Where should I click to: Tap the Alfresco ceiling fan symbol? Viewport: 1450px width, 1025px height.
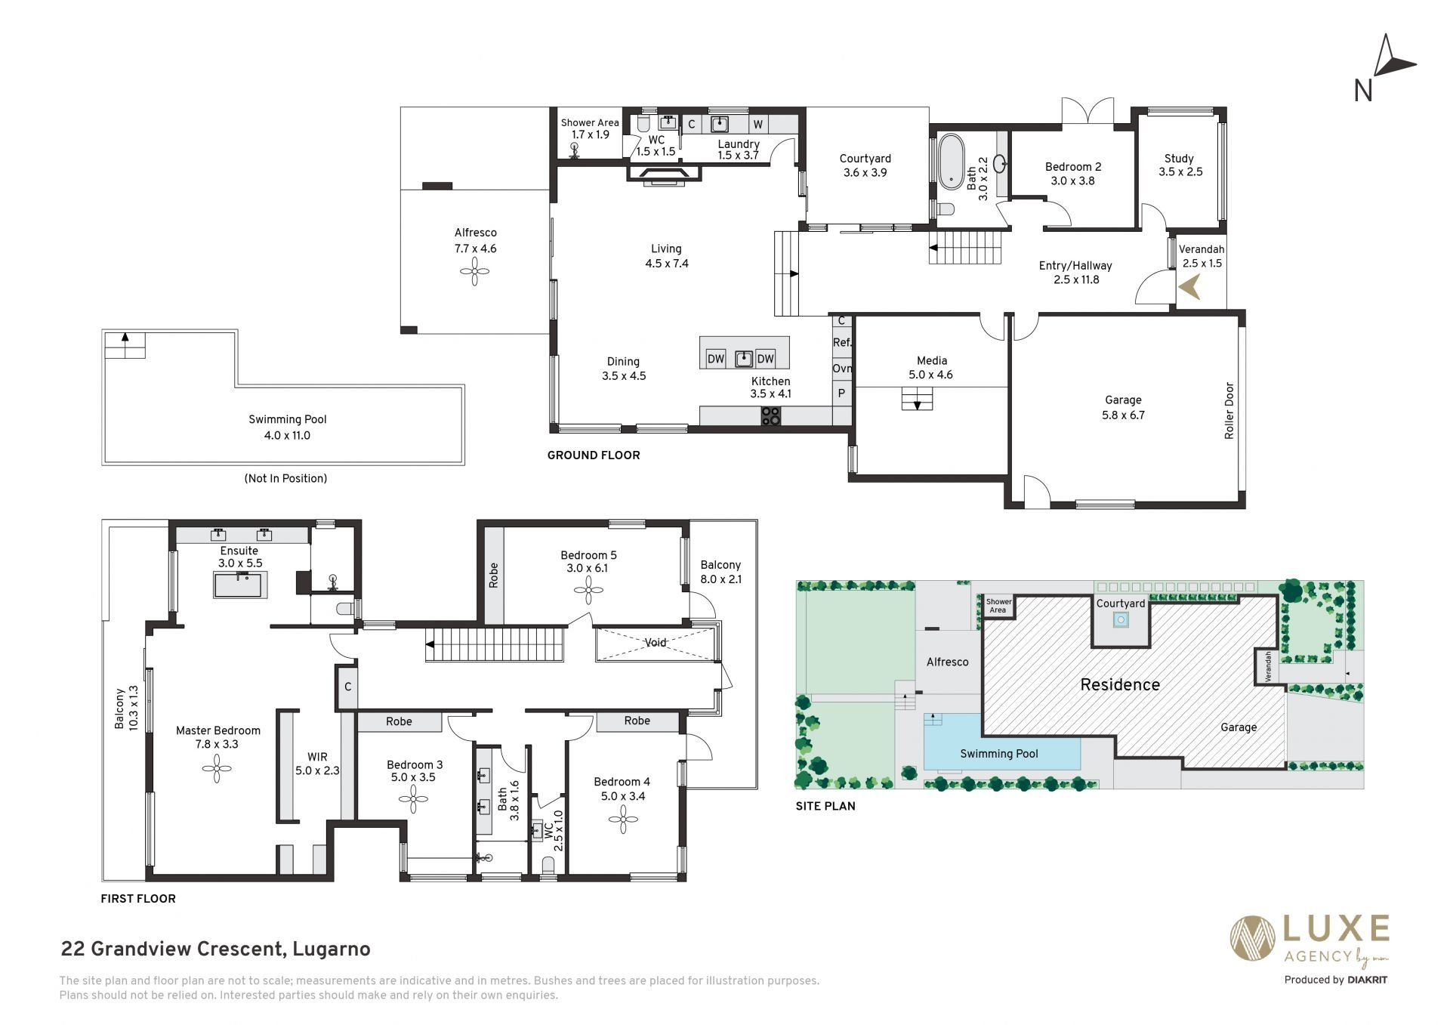(475, 271)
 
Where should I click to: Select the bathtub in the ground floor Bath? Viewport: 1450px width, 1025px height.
(951, 161)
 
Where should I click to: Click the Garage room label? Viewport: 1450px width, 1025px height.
(1123, 400)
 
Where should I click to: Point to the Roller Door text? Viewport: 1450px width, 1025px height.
(1229, 411)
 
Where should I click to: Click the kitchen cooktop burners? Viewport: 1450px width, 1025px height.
(770, 416)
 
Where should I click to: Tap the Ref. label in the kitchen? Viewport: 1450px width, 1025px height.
(842, 343)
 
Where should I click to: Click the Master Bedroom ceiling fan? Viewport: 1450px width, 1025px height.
(217, 769)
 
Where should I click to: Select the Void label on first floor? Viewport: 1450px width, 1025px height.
(656, 643)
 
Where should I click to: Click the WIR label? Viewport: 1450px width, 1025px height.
(317, 757)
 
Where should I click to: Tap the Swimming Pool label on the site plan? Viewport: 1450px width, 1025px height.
(999, 754)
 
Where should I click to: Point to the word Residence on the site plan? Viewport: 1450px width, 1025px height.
(1120, 685)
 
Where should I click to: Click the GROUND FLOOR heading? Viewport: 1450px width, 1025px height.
(594, 455)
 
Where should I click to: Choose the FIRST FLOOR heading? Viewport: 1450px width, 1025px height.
(138, 899)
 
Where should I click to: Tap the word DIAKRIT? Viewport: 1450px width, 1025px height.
(1367, 980)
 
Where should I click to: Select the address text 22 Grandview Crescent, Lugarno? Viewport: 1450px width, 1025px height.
(215, 949)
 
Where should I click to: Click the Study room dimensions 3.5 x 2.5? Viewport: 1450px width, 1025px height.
(1180, 172)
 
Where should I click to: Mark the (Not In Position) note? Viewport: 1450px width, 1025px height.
(285, 479)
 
